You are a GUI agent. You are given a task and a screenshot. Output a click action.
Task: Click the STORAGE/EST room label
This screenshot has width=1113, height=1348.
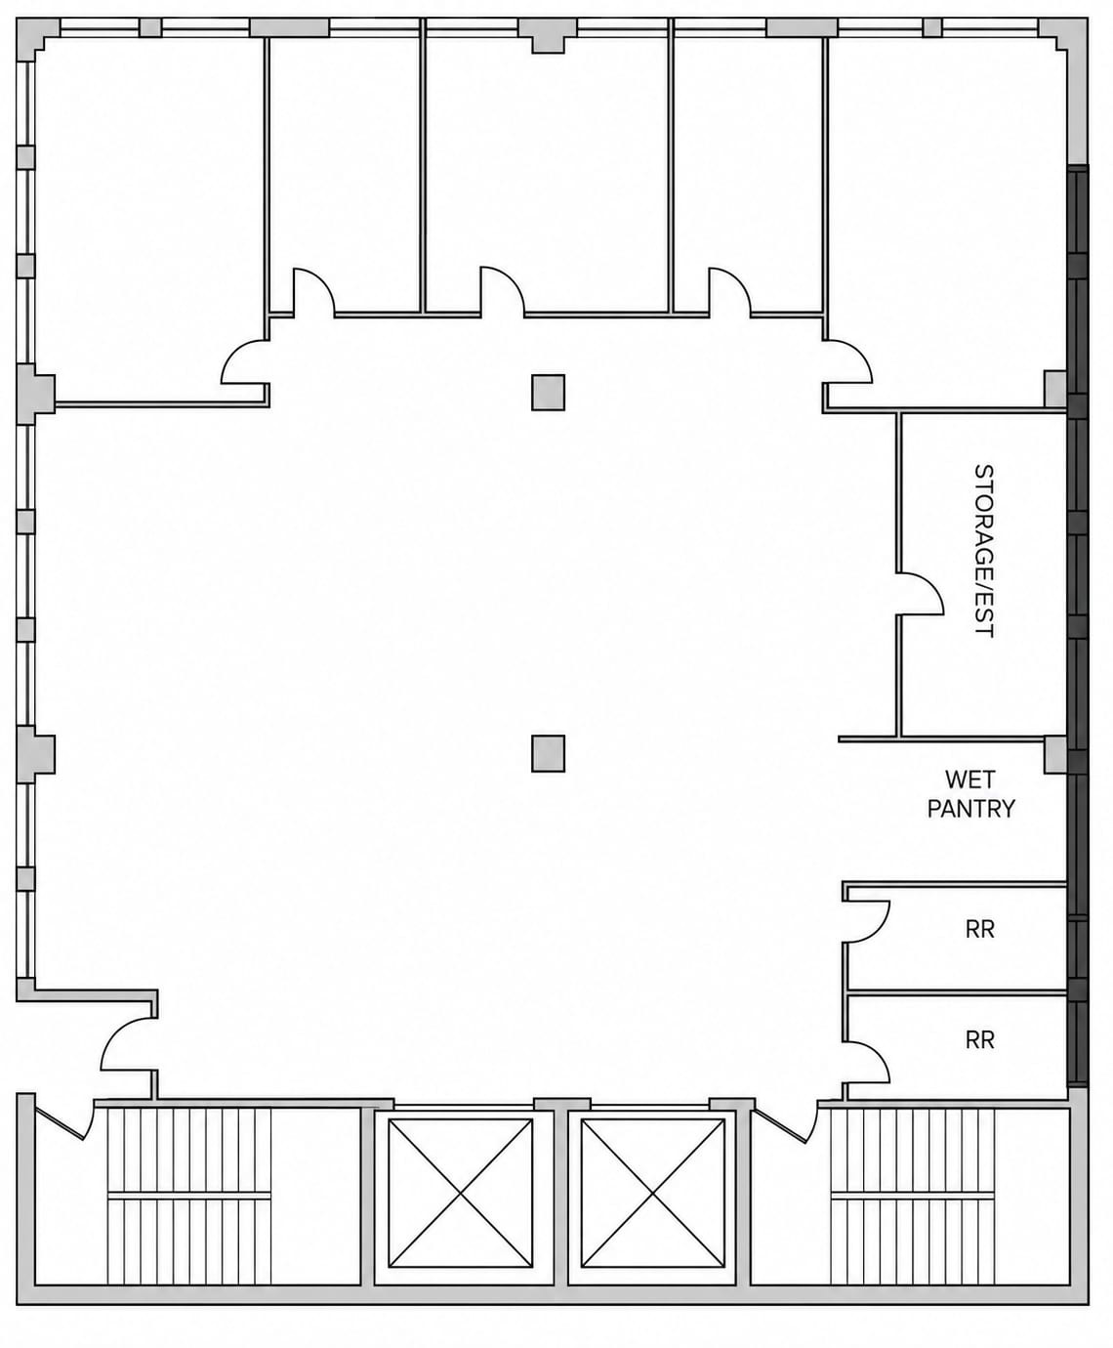pyautogui.click(x=983, y=551)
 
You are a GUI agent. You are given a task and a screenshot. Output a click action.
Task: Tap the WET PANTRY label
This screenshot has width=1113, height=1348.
pyautogui.click(x=970, y=794)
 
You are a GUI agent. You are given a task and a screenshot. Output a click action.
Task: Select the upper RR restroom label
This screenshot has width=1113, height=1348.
pyautogui.click(x=979, y=929)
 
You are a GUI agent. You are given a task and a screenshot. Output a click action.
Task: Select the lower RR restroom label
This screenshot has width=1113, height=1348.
pyautogui.click(x=979, y=1040)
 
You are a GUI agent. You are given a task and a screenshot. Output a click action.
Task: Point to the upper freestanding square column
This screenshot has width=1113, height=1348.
pyautogui.click(x=548, y=393)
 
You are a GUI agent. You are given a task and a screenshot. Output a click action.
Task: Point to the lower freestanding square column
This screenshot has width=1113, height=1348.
pyautogui.click(x=548, y=753)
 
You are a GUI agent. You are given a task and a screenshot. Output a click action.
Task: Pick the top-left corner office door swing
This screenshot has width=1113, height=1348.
pyautogui.click(x=244, y=362)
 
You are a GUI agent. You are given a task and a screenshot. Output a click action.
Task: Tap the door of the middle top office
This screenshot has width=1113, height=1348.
pyautogui.click(x=503, y=290)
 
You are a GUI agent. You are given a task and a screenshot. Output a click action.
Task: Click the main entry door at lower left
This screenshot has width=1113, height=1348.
pyautogui.click(x=128, y=1044)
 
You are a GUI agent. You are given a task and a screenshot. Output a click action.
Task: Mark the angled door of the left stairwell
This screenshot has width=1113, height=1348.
pyautogui.click(x=64, y=1123)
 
